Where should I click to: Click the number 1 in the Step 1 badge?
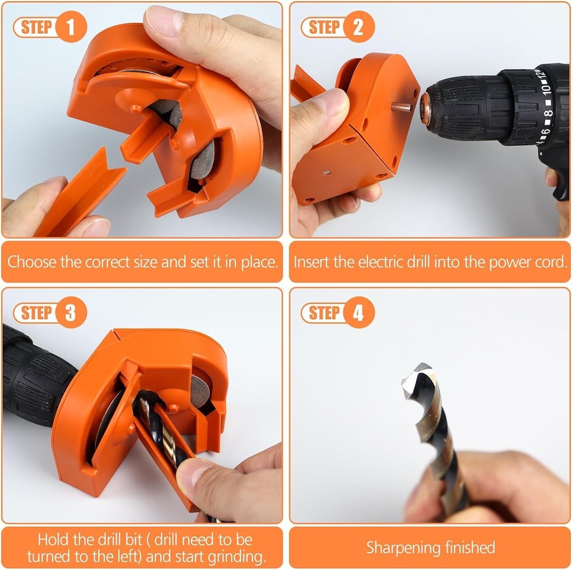click(x=71, y=27)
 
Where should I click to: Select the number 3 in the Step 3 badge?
click(x=71, y=312)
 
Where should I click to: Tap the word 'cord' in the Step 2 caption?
click(x=551, y=262)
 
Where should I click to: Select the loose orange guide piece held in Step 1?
click(x=80, y=192)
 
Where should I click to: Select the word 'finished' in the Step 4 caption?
click(x=475, y=547)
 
